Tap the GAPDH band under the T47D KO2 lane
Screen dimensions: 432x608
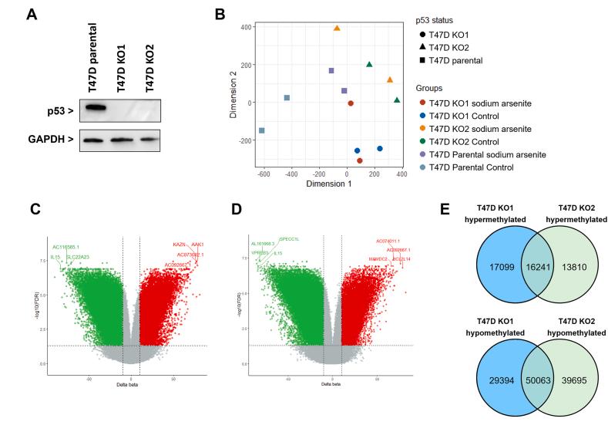click(x=149, y=140)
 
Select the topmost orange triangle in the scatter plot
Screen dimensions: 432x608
click(x=337, y=29)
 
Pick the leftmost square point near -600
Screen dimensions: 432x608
click(x=262, y=130)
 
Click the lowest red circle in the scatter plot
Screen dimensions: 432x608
click(x=360, y=160)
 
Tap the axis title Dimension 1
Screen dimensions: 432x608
click(x=329, y=185)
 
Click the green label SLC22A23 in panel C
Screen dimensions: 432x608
click(x=76, y=256)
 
